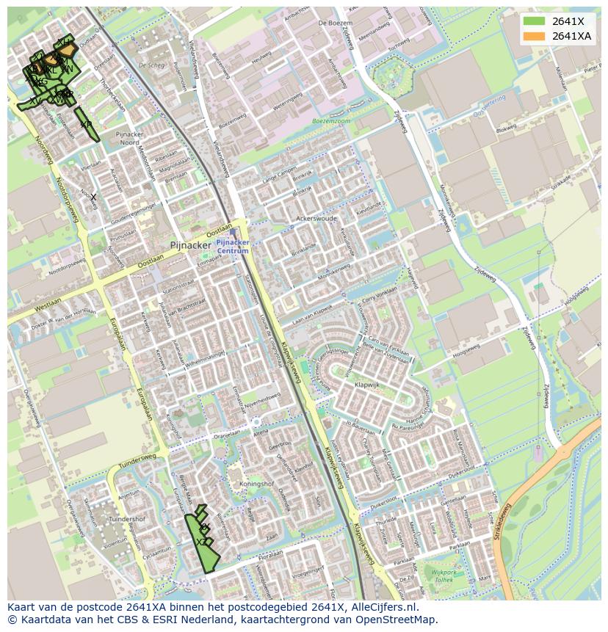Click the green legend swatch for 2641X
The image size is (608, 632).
[x=534, y=21]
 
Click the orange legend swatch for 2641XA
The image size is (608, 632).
[x=534, y=36]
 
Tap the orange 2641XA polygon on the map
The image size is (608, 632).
[x=67, y=49]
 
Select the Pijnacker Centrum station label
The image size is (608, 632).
[x=233, y=246]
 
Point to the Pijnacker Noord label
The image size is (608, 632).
[x=134, y=139]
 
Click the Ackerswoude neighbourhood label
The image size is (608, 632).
[x=316, y=219]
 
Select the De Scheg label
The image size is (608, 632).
[x=151, y=65]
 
